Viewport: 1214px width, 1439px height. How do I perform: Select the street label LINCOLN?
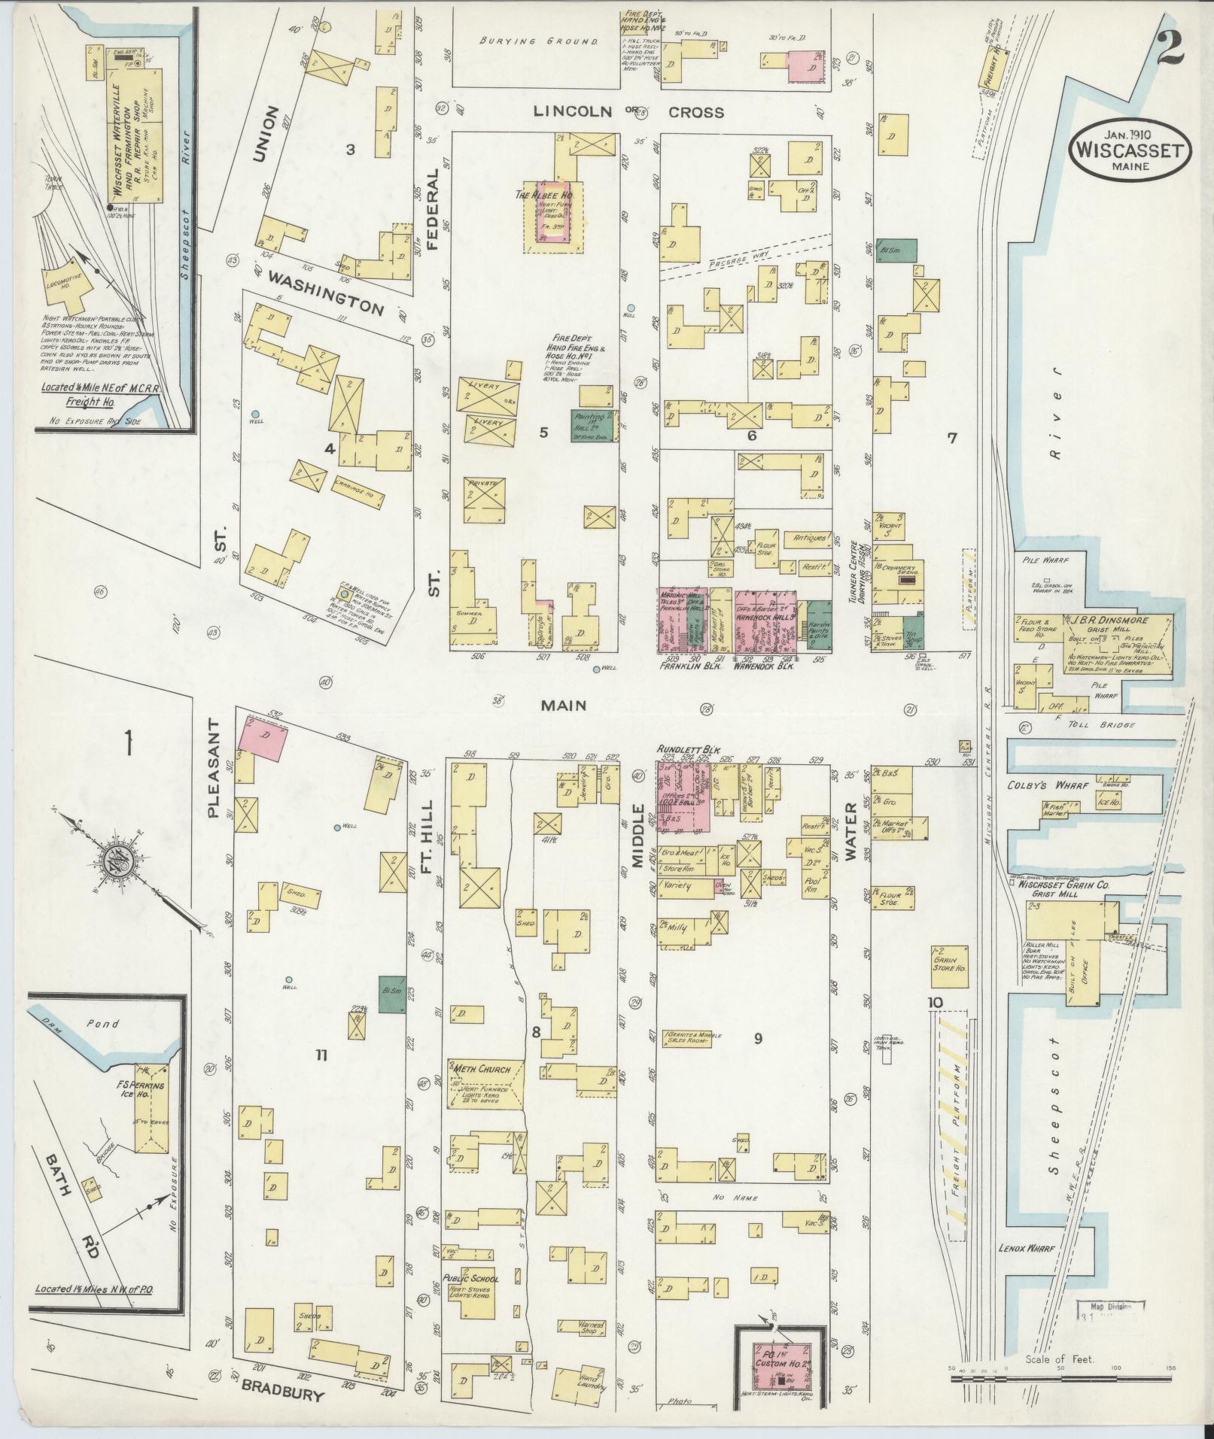tap(576, 112)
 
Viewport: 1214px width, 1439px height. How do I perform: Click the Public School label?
tap(470, 1277)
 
